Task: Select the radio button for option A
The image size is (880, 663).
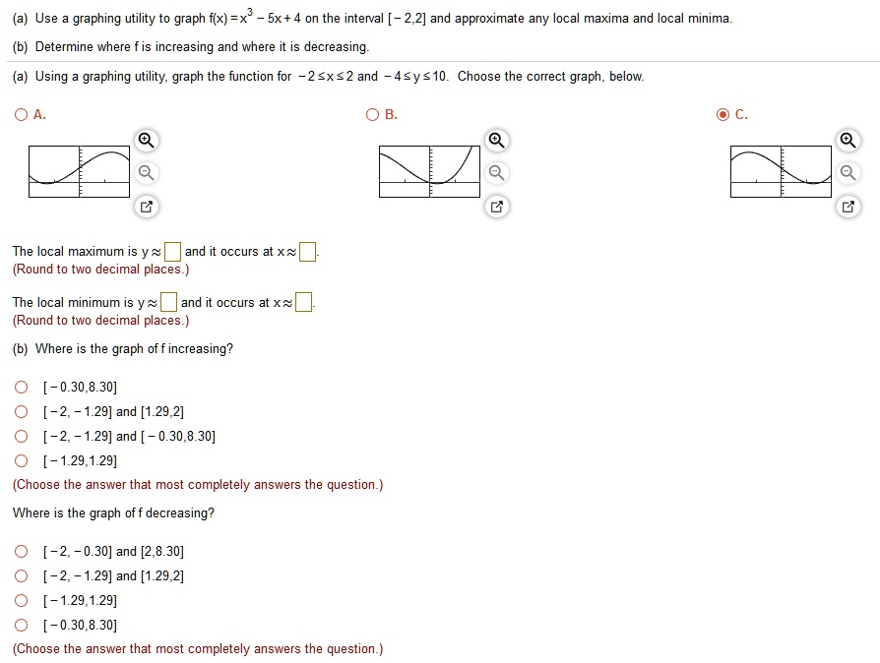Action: point(21,115)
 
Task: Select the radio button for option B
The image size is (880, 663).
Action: point(372,115)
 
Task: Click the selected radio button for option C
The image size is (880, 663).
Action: point(723,115)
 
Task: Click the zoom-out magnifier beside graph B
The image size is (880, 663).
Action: point(497,174)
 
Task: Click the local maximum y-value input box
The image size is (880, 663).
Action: point(172,252)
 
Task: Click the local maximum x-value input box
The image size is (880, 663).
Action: point(308,252)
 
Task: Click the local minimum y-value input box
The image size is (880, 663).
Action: point(169,302)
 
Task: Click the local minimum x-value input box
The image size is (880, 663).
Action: point(304,302)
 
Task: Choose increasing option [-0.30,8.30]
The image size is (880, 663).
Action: point(21,388)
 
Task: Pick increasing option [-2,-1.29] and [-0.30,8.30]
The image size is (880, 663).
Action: point(21,437)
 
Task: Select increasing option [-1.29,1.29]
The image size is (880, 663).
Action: point(21,460)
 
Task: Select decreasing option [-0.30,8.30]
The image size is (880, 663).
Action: point(21,625)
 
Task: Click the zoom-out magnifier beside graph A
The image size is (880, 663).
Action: point(146,174)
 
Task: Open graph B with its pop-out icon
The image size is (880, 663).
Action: point(497,208)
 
